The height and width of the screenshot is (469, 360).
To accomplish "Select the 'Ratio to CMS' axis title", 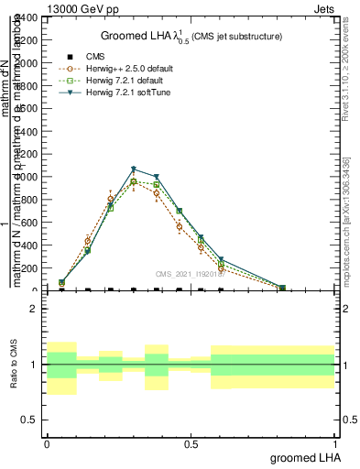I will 15,364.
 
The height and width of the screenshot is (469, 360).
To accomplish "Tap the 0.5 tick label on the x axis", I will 191,443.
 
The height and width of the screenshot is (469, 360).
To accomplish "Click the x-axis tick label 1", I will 335,443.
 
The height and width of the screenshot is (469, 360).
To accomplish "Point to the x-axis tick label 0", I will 47,443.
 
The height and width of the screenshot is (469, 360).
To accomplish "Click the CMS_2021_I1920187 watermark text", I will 189,273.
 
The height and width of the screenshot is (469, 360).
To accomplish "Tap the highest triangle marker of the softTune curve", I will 134,169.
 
